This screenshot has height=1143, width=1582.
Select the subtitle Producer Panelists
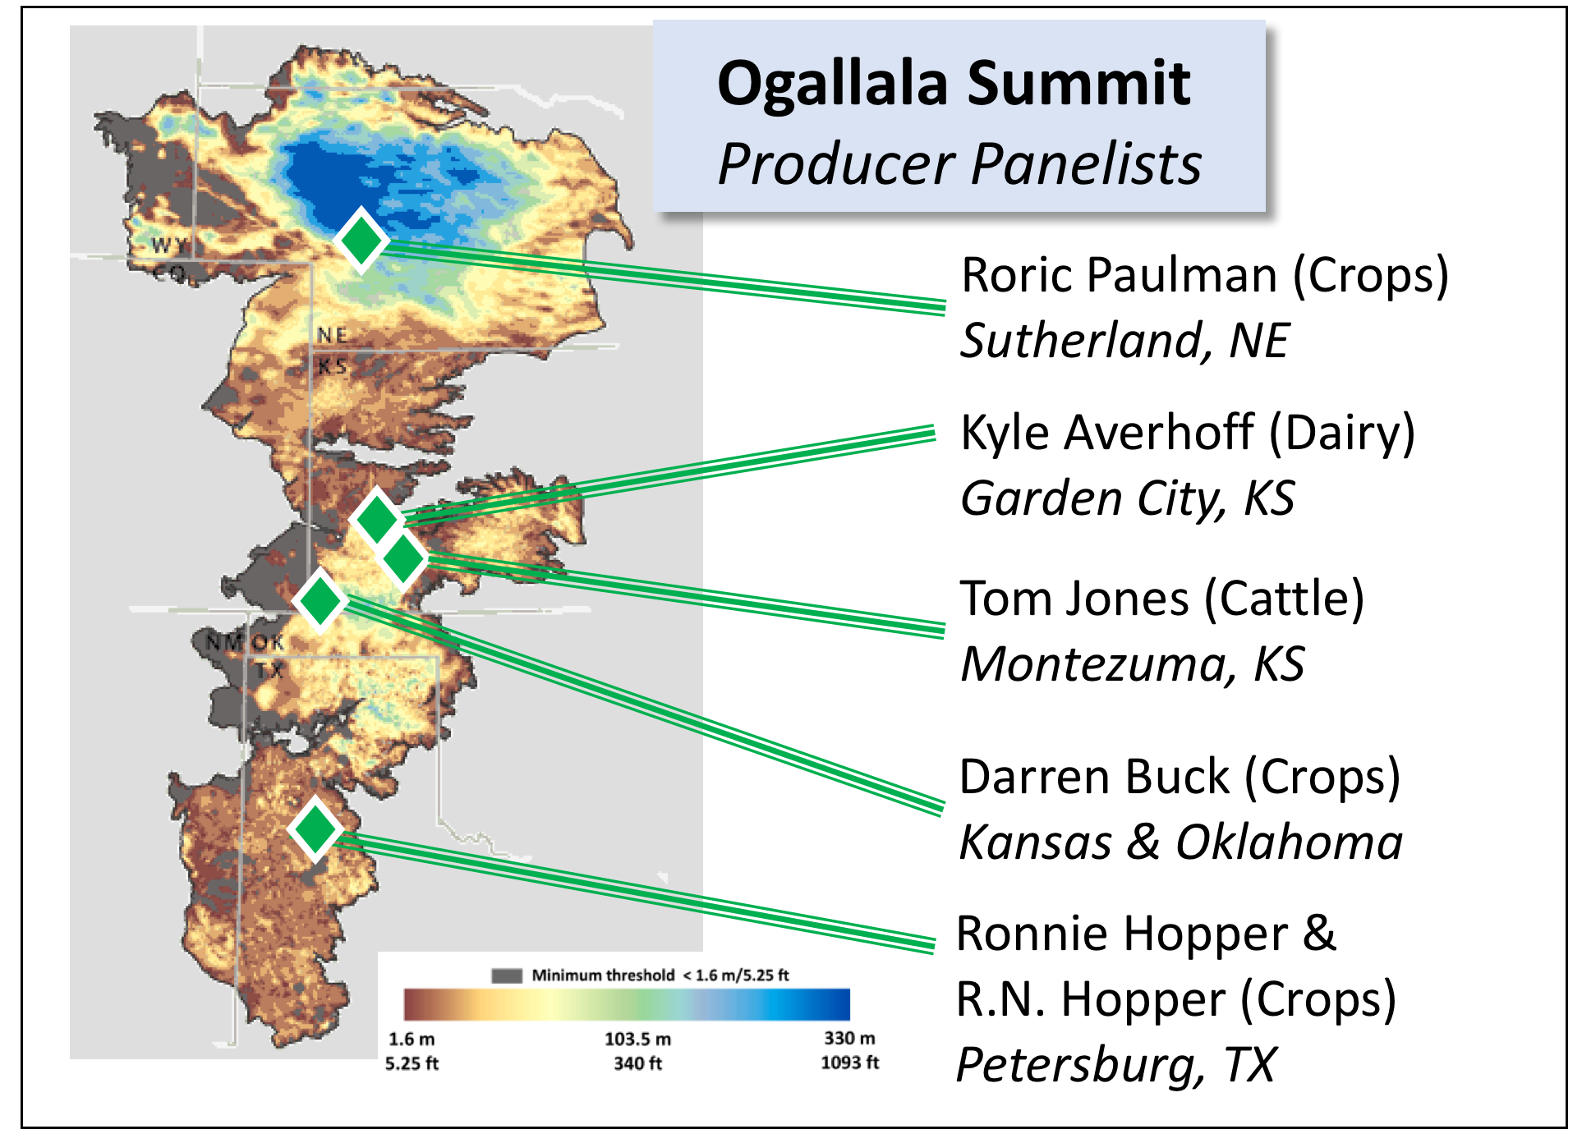[x=959, y=164]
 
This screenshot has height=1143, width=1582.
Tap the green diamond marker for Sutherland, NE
[x=361, y=240]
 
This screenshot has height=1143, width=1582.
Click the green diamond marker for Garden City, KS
[x=378, y=519]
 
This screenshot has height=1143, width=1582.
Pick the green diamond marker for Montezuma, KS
[x=402, y=558]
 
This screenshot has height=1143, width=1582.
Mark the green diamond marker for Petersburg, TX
[x=315, y=829]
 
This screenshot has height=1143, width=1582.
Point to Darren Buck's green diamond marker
[x=320, y=600]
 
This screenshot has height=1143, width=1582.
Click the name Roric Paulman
[x=1120, y=275]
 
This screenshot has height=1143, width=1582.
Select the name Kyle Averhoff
[x=1108, y=433]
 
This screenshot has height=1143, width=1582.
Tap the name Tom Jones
[x=1075, y=598]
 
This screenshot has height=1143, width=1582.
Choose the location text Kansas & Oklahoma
[x=1181, y=842]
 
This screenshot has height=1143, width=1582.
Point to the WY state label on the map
[x=169, y=245]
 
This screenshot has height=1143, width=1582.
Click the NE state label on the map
[x=333, y=335]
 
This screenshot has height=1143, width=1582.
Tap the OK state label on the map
[x=268, y=642]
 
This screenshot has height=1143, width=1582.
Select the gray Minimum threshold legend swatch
[x=507, y=975]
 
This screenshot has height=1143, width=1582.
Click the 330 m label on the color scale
[x=850, y=1038]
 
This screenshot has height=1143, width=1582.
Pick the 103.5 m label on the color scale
[x=638, y=1039]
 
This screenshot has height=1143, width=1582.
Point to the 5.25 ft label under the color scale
[x=412, y=1063]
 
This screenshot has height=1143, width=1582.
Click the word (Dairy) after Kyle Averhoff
[x=1342, y=434]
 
